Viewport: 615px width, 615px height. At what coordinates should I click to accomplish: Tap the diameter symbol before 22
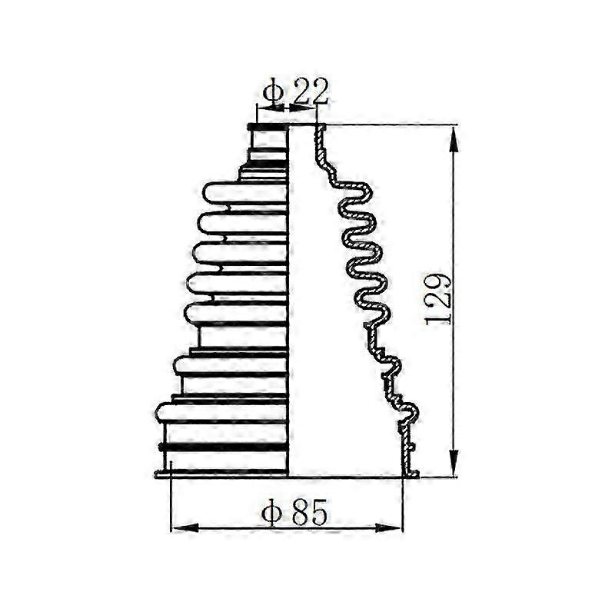pyautogui.click(x=273, y=94)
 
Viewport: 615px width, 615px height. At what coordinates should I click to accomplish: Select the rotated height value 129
pyautogui.click(x=438, y=298)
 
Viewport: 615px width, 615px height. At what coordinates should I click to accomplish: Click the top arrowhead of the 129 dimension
pyautogui.click(x=454, y=134)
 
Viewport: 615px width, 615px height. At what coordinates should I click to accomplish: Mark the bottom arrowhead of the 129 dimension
pyautogui.click(x=454, y=467)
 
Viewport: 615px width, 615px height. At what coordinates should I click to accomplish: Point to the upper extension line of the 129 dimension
pyautogui.click(x=392, y=124)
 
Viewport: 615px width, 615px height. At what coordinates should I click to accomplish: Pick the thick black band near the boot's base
pyautogui.click(x=223, y=447)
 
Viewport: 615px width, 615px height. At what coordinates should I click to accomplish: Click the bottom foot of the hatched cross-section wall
pyautogui.click(x=411, y=474)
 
